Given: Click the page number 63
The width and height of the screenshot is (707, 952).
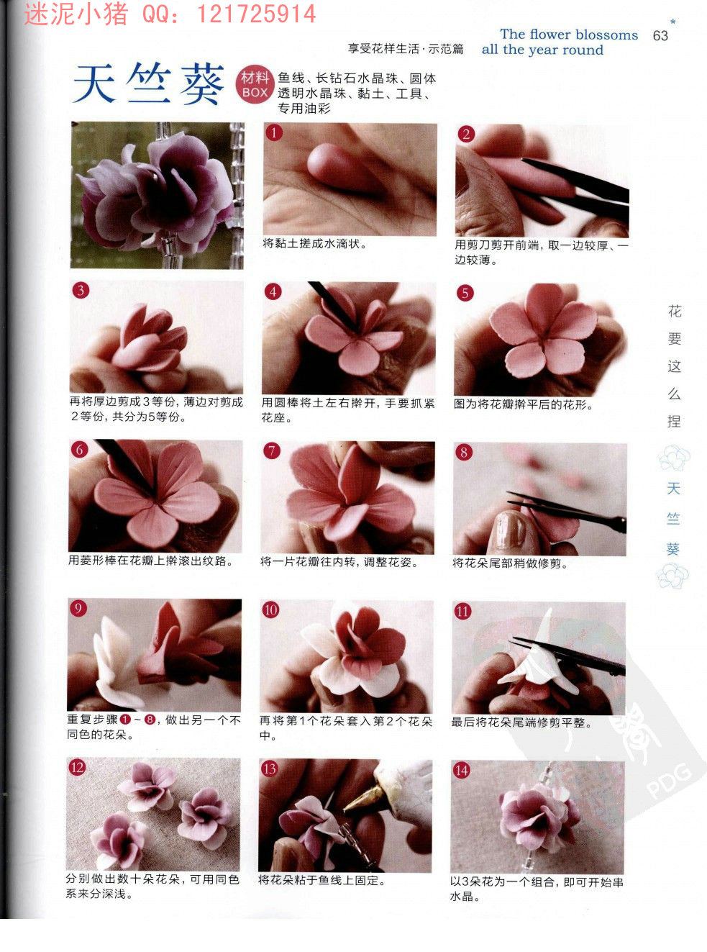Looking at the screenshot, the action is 660,35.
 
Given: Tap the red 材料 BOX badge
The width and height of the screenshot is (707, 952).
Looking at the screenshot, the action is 255,85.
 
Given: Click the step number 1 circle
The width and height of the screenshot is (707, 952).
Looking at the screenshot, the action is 274,133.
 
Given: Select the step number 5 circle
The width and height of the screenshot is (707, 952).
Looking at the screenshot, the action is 465,293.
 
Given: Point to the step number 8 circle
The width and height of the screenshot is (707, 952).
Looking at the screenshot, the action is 464,452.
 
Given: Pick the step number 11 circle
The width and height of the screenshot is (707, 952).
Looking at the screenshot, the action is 462,611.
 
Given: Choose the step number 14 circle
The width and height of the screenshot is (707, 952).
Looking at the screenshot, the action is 461,770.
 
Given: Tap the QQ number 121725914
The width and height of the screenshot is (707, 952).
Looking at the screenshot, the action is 256,14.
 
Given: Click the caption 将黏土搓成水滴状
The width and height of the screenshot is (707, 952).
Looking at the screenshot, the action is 315,244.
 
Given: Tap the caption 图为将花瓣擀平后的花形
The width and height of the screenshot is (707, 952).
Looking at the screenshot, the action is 524,404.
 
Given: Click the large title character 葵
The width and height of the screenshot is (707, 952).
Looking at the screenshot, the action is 201,84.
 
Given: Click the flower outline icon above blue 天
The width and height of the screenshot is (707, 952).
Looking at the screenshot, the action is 674,458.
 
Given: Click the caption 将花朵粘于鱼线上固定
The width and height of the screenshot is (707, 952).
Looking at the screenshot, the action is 321,881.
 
